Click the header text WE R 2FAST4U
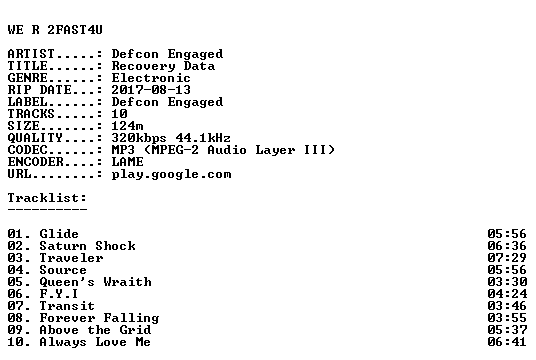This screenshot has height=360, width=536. tap(55, 30)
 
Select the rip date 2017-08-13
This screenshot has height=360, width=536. tap(151, 90)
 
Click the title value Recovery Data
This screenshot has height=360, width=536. tap(163, 66)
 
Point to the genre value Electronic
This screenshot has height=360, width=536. tap(151, 78)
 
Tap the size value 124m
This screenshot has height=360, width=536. tap(127, 126)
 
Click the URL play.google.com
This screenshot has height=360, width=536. tap(171, 174)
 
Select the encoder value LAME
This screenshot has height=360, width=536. tap(127, 162)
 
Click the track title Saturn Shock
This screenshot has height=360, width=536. tap(88, 246)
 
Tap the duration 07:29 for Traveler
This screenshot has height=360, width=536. tap(507, 258)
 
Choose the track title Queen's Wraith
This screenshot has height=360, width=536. tap(95, 282)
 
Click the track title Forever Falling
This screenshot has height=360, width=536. tap(99, 318)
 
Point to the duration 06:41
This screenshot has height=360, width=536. tap(507, 342)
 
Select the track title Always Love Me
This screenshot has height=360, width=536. tap(95, 342)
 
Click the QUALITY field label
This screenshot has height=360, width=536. tap(35, 138)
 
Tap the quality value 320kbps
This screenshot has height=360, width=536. tap(139, 138)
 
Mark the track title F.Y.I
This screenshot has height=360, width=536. tap(59, 294)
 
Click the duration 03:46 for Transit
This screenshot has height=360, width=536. tap(507, 306)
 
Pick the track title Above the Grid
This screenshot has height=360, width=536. tap(95, 330)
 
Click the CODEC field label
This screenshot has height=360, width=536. tap(27, 150)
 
